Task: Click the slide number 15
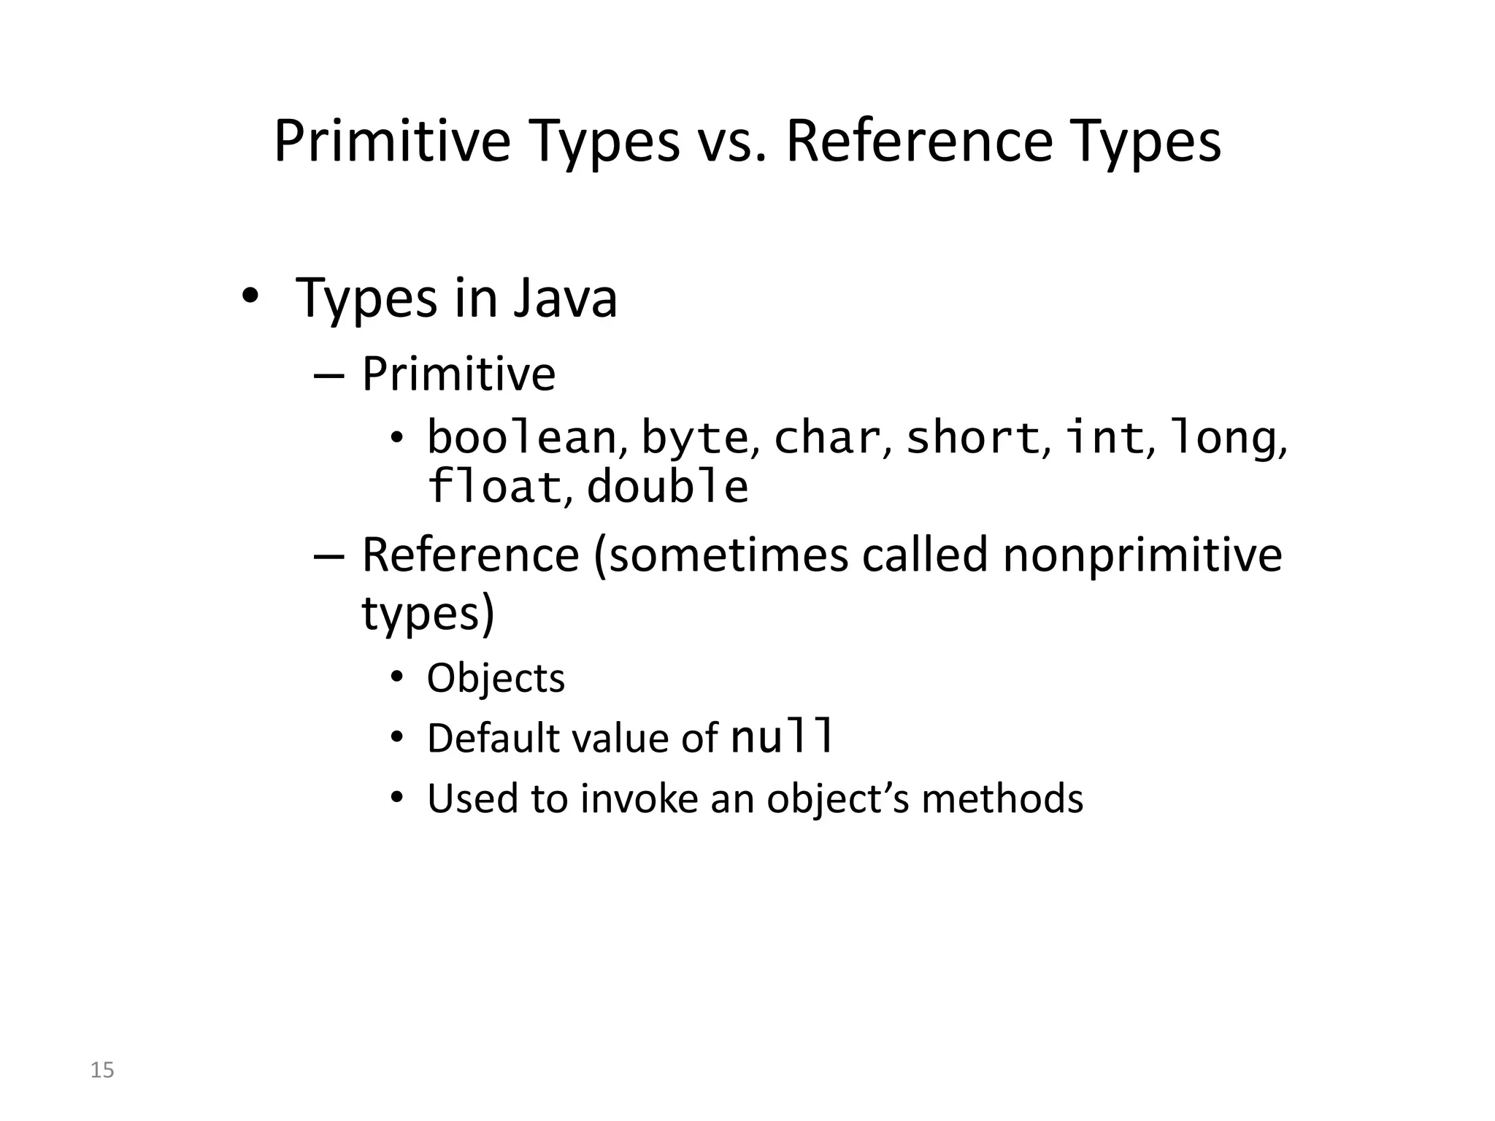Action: coord(102,1070)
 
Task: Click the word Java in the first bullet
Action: coord(565,299)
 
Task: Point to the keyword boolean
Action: coord(521,437)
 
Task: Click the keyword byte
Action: coord(694,439)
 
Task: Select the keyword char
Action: coord(826,437)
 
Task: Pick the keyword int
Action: coord(1104,437)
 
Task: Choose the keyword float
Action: coord(493,487)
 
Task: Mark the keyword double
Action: coord(667,487)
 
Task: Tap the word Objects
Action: coord(496,679)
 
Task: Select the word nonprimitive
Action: coord(1142,555)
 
